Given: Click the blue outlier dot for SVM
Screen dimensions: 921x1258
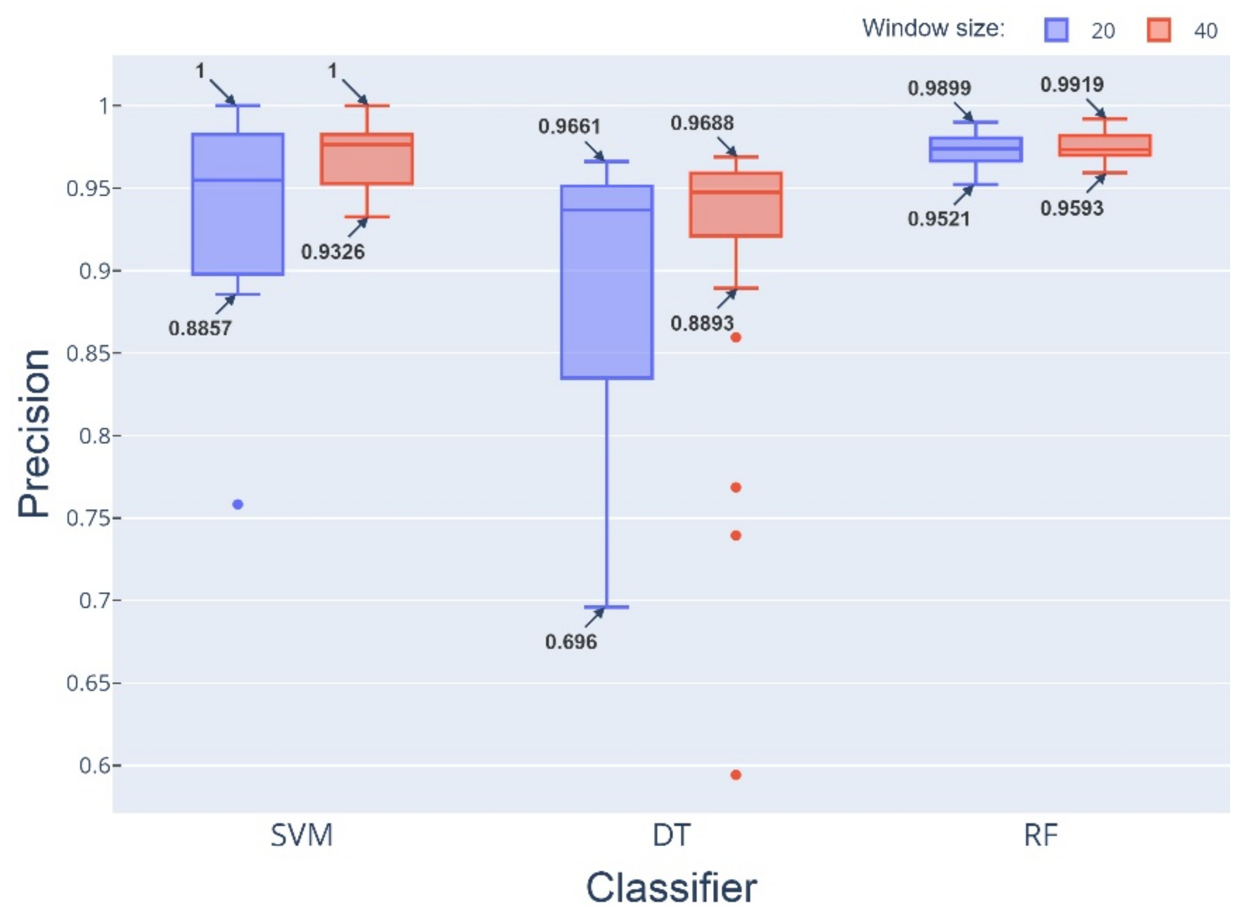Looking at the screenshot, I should pos(238,504).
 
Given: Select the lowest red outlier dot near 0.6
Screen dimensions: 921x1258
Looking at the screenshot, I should pos(735,775).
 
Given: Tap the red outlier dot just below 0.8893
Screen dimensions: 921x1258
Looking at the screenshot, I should pos(735,337).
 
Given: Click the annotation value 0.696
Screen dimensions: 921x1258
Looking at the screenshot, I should pos(571,642).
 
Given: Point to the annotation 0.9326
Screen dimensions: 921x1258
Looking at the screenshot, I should pos(333,252).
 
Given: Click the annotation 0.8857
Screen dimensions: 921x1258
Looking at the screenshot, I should pos(200,328).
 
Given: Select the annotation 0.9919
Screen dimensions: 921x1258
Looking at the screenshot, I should pos(1072,85).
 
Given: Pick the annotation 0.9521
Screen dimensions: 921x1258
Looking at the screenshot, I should pos(939,219).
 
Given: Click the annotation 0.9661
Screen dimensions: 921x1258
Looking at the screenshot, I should pos(569,127).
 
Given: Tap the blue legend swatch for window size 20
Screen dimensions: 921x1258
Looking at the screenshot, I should pos(1056,30).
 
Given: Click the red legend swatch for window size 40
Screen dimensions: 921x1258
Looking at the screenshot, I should pos(1159,30).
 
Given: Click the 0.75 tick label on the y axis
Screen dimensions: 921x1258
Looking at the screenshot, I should pos(86,518).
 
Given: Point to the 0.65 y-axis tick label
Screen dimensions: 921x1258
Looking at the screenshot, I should pos(86,684).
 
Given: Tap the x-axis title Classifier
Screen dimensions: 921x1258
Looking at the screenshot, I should pos(671,887).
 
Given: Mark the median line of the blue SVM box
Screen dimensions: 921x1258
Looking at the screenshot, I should pos(238,180).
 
